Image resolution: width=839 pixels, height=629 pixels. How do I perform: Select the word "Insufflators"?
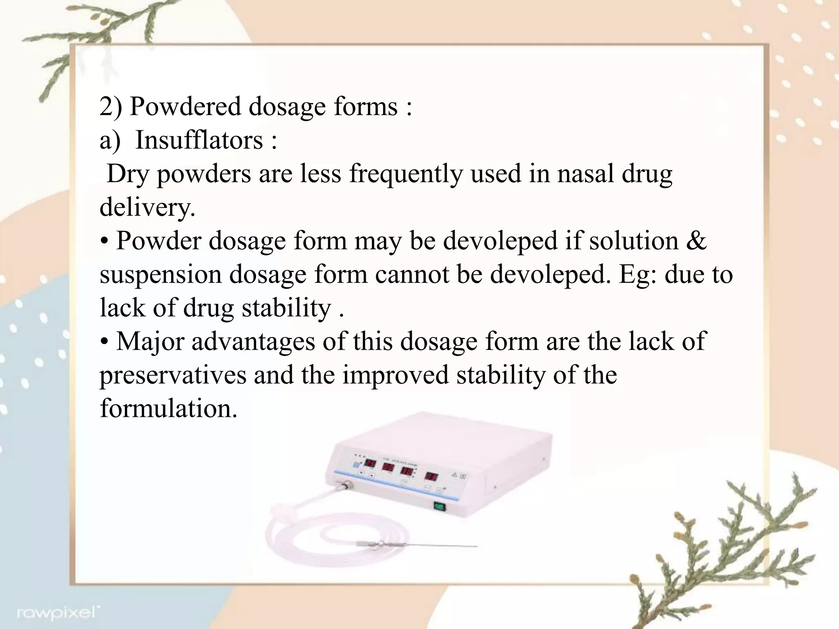click(x=199, y=140)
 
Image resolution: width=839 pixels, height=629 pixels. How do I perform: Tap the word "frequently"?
click(x=406, y=174)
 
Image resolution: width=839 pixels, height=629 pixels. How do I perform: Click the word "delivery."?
click(x=147, y=207)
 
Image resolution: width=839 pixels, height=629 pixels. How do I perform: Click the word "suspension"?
click(x=161, y=274)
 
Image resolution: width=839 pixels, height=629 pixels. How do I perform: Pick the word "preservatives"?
click(x=173, y=375)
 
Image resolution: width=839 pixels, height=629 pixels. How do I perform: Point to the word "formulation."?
click(x=168, y=408)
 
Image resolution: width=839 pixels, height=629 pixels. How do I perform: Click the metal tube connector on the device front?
click(x=342, y=487)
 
